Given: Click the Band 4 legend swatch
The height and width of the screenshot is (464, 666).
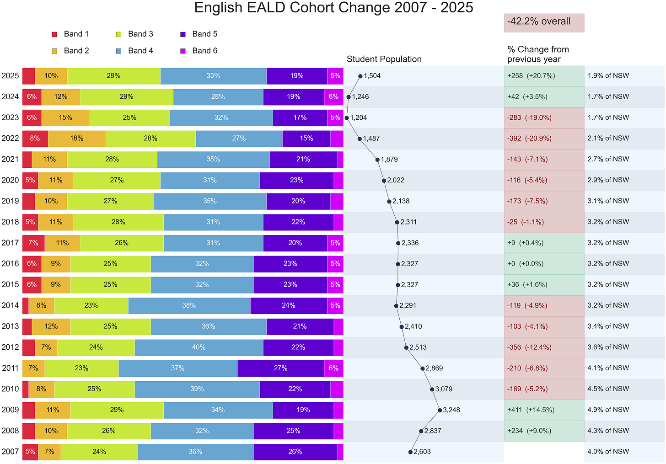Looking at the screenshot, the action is tap(118, 51).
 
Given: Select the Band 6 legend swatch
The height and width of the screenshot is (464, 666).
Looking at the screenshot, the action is tap(183, 51).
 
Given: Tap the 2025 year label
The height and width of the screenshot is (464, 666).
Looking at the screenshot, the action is tap(10, 76).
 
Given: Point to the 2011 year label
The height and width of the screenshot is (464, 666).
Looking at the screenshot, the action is tap(10, 368).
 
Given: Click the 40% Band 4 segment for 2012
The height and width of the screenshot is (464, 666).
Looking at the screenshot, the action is tap(199, 347).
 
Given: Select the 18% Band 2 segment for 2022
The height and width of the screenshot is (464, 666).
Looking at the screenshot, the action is tap(77, 139).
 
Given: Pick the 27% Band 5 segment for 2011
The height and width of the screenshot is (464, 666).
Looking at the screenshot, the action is tap(281, 368).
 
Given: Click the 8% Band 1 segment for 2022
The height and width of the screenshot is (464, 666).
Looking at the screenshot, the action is tap(35, 139).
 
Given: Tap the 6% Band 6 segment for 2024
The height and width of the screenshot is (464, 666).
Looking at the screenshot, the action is tap(333, 96).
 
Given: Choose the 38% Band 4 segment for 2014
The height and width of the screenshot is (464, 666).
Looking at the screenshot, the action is tap(189, 305).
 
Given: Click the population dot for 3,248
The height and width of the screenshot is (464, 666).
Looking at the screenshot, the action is tap(440, 410).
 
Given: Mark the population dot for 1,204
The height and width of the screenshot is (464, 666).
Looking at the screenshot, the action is tap(347, 118).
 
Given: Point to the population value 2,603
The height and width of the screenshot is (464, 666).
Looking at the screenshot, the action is tap(422, 452).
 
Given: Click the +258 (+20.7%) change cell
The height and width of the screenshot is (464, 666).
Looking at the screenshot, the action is tap(544, 76).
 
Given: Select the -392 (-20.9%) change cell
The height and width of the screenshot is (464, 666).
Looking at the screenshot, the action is tap(544, 139).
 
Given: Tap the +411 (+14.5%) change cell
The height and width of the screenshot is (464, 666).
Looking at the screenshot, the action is tap(544, 410).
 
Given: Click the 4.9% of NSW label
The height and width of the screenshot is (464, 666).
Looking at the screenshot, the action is tap(608, 410).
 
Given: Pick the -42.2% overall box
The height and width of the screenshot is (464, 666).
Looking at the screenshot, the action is tap(544, 22).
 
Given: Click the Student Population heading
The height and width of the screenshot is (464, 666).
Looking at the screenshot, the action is tap(384, 59).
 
